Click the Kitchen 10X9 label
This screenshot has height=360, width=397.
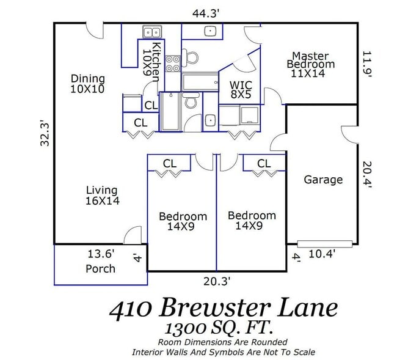(x=150, y=61)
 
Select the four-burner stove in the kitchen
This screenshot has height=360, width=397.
(x=173, y=64)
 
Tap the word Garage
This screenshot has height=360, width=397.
(x=322, y=180)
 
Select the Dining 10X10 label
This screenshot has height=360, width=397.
(x=87, y=84)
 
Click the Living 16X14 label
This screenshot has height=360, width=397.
(x=101, y=195)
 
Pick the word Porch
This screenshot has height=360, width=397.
(x=100, y=268)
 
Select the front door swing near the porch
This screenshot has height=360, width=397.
(x=131, y=236)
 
